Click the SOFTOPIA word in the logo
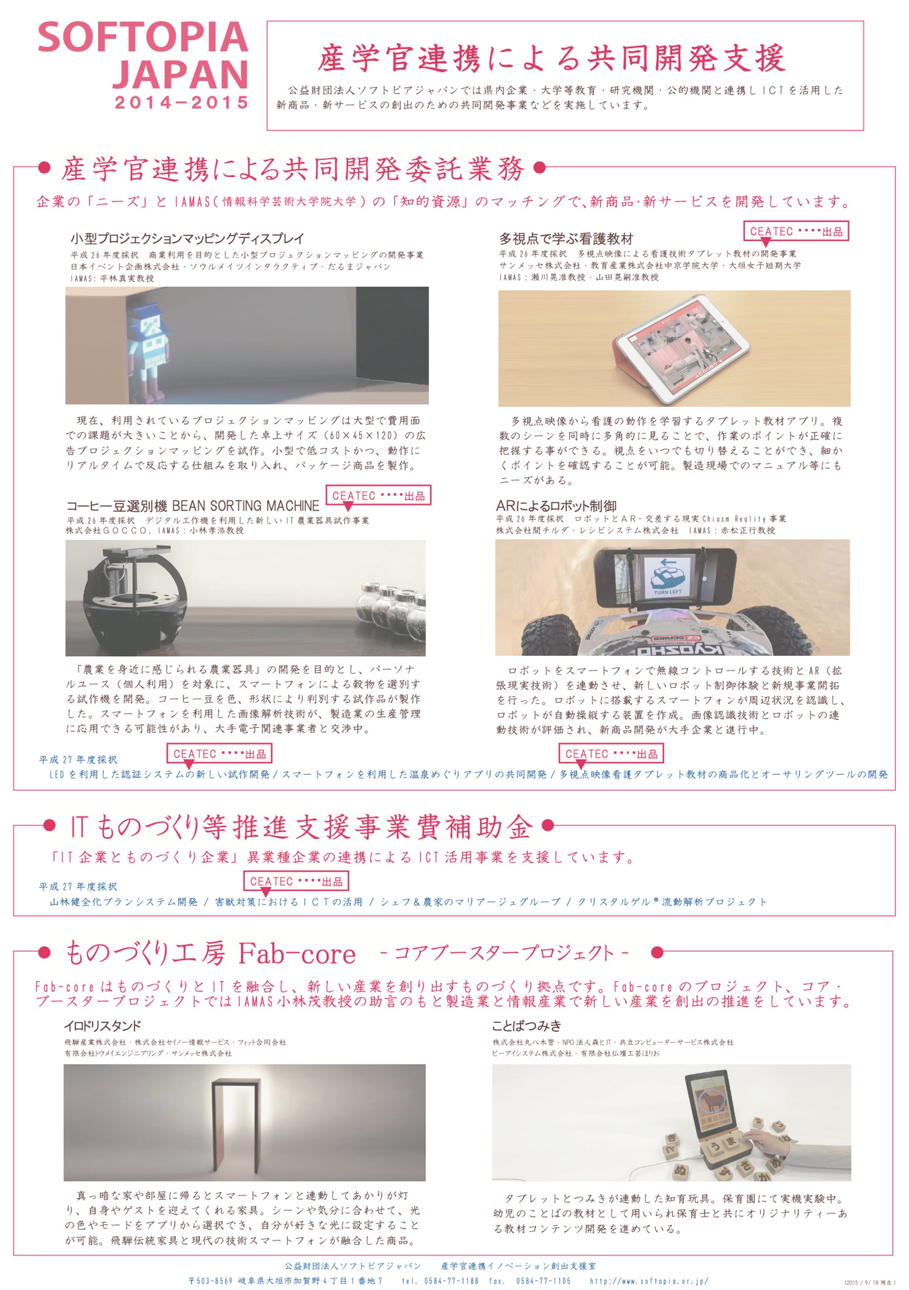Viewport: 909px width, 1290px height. pyautogui.click(x=143, y=37)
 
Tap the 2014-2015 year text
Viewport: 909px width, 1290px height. pyautogui.click(x=181, y=103)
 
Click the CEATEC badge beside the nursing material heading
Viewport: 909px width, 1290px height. pyautogui.click(x=796, y=231)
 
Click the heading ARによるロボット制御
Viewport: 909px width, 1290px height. pyautogui.click(x=556, y=506)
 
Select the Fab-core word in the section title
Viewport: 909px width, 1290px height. pyautogui.click(x=297, y=954)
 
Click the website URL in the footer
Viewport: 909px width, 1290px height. pyautogui.click(x=649, y=1280)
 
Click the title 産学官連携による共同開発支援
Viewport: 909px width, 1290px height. pyautogui.click(x=551, y=58)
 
